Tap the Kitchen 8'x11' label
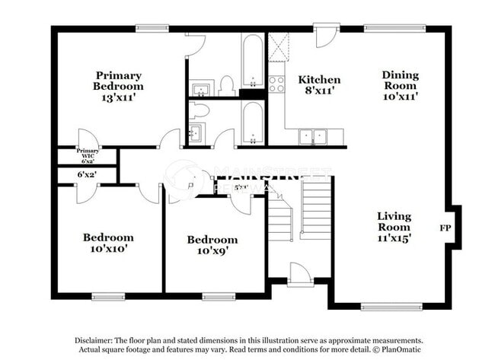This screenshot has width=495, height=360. (x=319, y=85)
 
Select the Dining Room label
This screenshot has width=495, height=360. (x=400, y=85)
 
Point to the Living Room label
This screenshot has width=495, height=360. (x=394, y=227)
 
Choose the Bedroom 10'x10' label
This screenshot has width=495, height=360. (x=108, y=243)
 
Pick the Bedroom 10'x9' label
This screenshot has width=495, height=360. (x=212, y=245)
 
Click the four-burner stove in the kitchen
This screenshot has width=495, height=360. (x=276, y=84)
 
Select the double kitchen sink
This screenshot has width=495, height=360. (x=312, y=137)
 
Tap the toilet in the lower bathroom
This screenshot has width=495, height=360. (x=199, y=110)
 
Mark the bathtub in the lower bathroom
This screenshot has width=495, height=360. (x=251, y=122)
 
